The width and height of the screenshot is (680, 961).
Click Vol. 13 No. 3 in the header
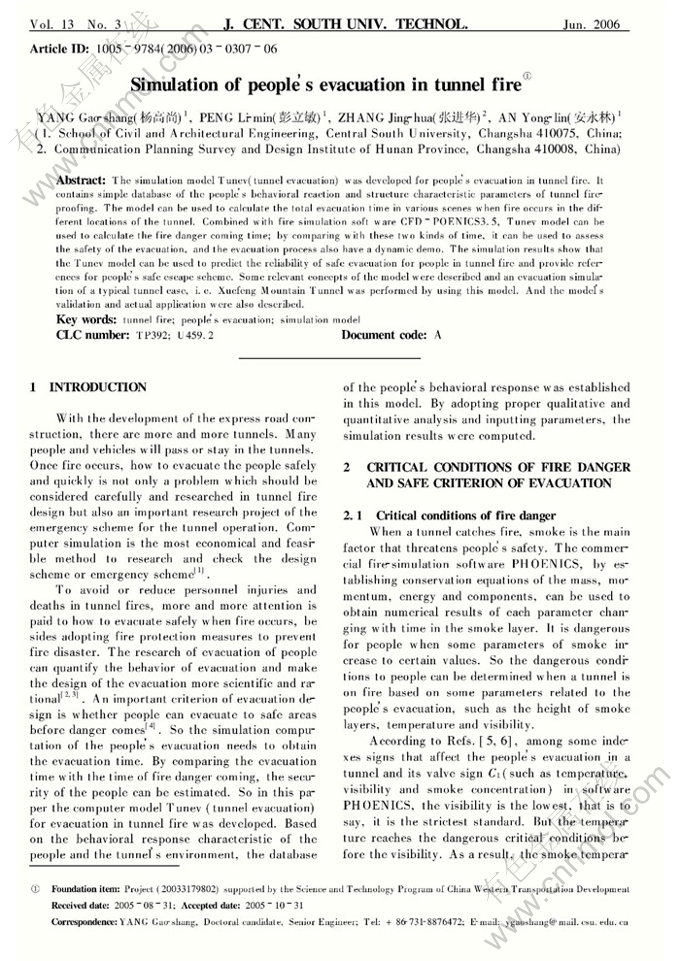(75, 23)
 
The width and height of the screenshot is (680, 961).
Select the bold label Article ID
(61, 48)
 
